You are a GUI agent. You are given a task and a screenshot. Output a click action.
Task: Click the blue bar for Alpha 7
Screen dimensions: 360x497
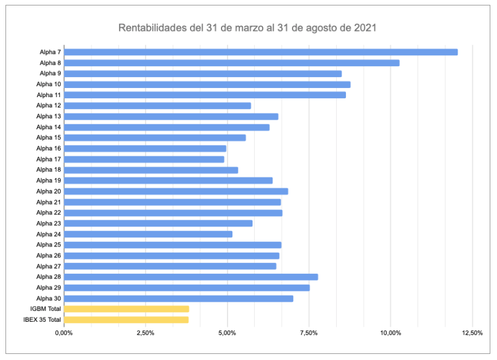(x=260, y=52)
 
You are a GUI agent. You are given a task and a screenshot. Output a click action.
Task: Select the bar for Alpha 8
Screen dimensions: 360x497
(x=231, y=63)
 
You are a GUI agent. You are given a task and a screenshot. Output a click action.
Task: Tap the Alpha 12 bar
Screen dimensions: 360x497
(x=157, y=106)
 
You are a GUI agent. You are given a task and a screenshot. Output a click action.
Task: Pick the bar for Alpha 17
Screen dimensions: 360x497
(x=144, y=159)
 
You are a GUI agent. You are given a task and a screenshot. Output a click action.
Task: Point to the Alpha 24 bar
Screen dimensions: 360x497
(x=148, y=234)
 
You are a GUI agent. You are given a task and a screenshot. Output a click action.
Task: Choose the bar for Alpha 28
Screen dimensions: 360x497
(x=191, y=277)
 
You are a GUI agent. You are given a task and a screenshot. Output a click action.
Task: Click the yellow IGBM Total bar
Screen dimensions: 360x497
(x=126, y=309)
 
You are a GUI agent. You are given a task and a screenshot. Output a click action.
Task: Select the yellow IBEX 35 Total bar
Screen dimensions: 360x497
(x=126, y=320)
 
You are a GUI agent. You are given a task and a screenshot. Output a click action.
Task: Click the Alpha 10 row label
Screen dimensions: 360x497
(x=49, y=84)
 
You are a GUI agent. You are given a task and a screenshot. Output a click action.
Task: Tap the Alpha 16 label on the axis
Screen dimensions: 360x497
(x=49, y=149)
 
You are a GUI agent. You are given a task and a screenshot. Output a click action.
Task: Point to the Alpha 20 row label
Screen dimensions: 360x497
(x=49, y=191)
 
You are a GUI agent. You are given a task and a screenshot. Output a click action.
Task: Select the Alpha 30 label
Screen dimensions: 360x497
(x=49, y=299)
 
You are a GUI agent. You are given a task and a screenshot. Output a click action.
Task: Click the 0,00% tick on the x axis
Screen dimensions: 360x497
(x=64, y=333)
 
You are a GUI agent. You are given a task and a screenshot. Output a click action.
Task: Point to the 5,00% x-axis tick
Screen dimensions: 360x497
(x=227, y=333)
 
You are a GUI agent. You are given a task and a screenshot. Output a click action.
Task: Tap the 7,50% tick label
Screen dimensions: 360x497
(x=309, y=333)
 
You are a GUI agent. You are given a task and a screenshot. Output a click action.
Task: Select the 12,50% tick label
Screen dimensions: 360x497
(x=472, y=333)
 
